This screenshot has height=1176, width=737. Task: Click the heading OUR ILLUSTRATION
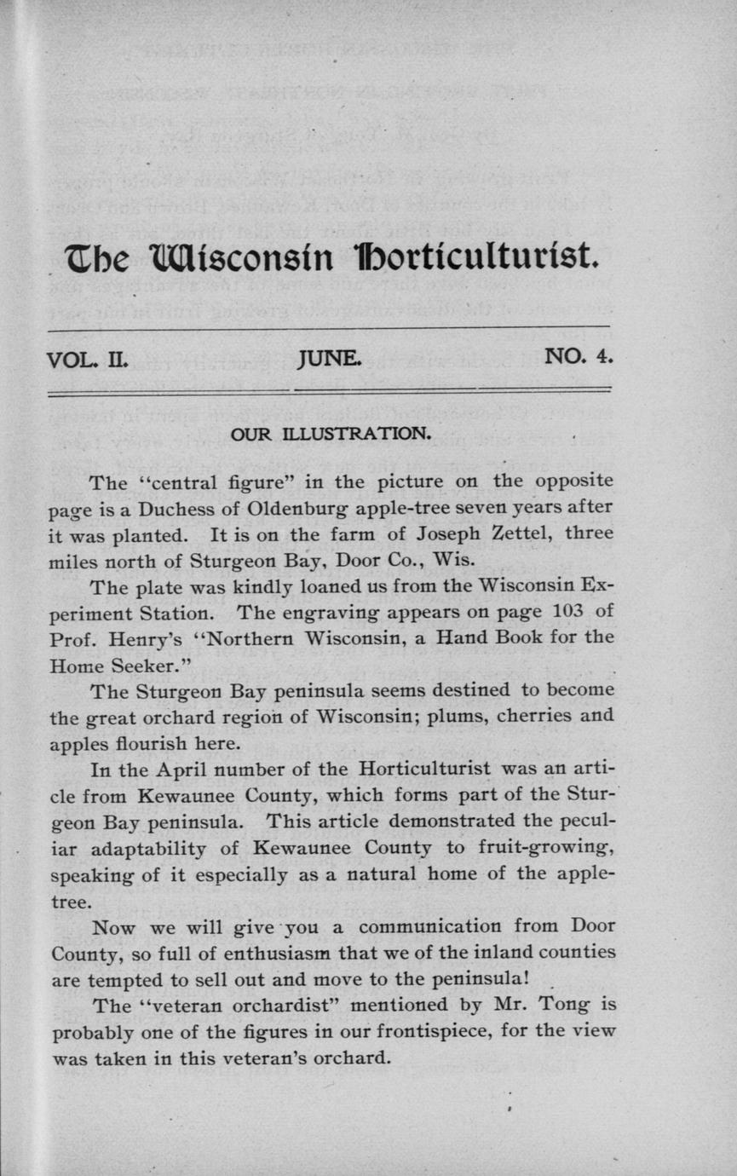pyautogui.click(x=331, y=434)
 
